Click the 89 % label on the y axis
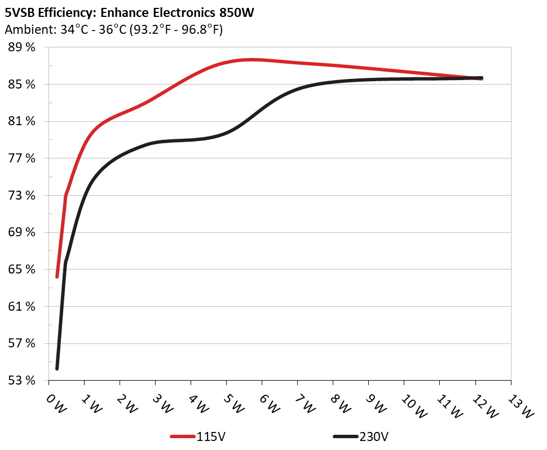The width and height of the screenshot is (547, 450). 21,47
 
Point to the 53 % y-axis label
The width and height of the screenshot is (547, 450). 21,381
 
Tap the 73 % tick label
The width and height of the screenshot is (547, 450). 21,196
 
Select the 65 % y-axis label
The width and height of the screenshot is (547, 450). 21,270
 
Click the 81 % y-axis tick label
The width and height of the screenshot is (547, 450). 21,121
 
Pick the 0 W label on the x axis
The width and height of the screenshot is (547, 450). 56,404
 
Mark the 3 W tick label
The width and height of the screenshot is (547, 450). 164,404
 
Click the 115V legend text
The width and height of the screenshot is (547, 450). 212,436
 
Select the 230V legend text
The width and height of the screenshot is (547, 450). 374,436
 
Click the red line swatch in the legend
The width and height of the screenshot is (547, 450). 183,436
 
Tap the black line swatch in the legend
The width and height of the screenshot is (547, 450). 345,436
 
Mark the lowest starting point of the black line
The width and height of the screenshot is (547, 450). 57,368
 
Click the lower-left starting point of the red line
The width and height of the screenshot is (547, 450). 57,276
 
